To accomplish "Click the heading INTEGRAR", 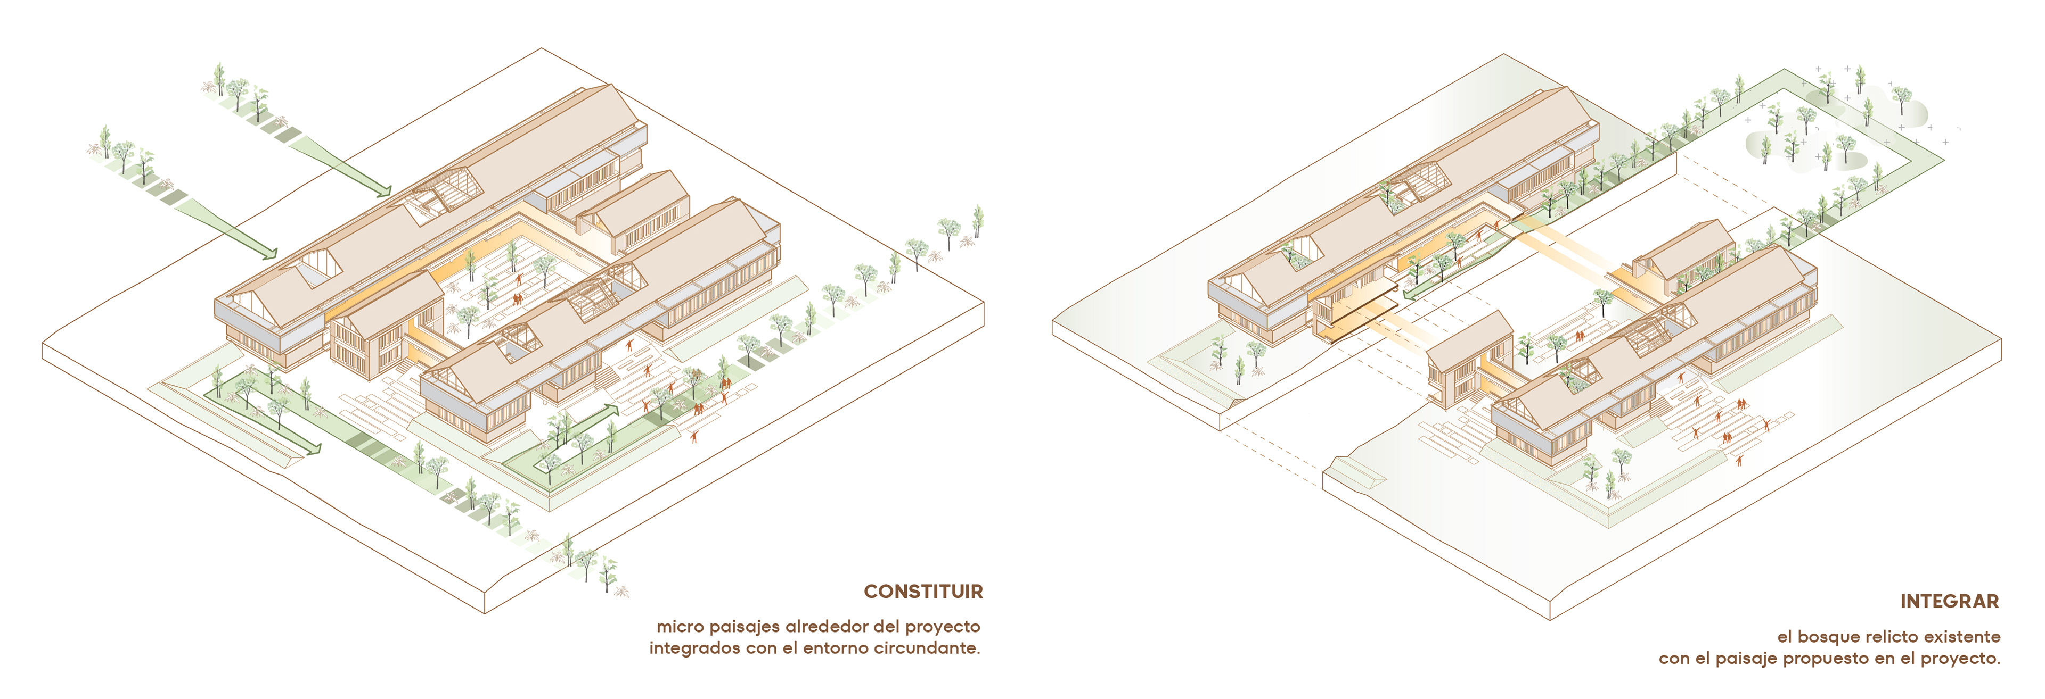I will [1949, 602].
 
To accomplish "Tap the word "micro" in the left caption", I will [680, 627].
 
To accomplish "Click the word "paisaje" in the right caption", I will [1747, 659].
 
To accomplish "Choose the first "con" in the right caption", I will [1673, 659].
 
